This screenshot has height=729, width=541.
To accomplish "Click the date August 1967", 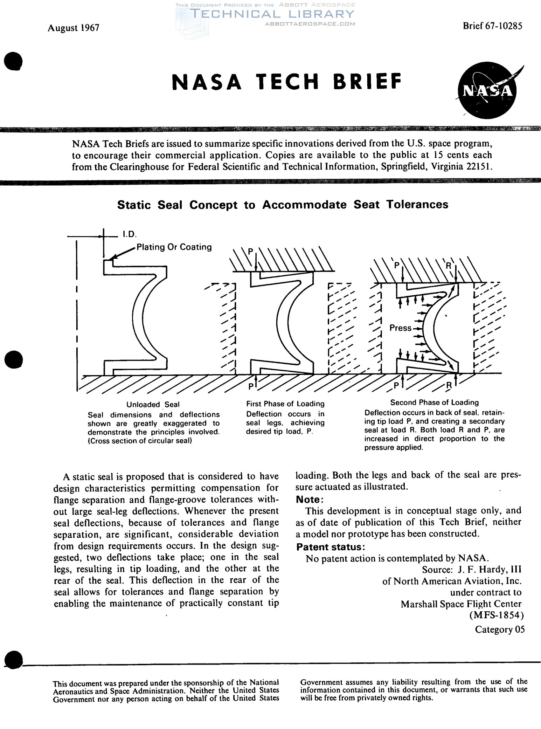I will [x=74, y=28].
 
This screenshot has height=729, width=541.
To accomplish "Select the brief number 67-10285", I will [x=504, y=26].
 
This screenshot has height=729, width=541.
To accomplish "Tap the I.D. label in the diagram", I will [x=129, y=234].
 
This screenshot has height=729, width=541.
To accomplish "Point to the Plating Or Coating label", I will [x=174, y=247].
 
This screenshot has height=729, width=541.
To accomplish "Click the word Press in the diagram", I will [x=400, y=328].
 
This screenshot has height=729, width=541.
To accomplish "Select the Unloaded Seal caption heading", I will [x=153, y=405].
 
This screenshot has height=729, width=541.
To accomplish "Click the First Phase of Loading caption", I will [x=285, y=404].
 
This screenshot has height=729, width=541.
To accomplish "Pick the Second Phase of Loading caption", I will [x=434, y=403].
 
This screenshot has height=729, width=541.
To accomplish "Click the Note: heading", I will [x=310, y=499].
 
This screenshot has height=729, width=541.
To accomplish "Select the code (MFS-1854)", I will [x=496, y=615].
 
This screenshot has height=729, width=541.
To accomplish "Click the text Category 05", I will [x=500, y=630].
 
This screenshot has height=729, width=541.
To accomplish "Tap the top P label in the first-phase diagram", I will [x=250, y=252].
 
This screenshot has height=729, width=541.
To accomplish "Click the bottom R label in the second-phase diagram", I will [x=449, y=386].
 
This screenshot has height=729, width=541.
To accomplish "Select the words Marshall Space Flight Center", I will [x=461, y=604].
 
